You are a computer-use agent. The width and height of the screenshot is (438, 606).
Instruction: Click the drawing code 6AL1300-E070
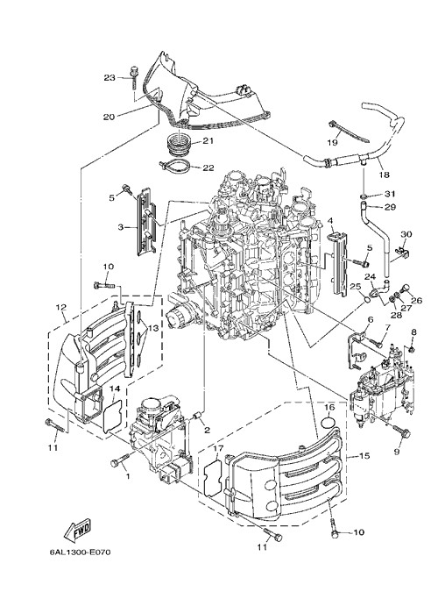tap(81, 552)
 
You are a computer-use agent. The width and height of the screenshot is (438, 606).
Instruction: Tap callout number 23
tap(109, 78)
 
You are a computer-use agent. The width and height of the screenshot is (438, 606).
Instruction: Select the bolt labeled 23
tap(134, 77)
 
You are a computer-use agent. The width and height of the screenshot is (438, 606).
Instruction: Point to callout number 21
tap(208, 141)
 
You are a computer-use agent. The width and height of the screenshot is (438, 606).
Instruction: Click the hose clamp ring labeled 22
tap(174, 168)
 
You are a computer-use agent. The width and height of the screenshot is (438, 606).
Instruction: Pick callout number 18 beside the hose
tap(384, 175)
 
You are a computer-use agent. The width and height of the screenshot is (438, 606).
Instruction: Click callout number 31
tap(390, 194)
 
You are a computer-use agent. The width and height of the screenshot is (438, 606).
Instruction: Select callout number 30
tap(406, 234)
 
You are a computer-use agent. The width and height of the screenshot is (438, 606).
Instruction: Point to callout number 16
tap(328, 407)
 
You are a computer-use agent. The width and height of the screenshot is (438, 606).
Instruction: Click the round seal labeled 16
tap(328, 421)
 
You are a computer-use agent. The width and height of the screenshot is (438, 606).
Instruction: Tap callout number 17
tap(218, 449)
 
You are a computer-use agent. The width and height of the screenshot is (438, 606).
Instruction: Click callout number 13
tap(153, 328)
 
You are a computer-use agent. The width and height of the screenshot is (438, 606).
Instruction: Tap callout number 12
tap(60, 308)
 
